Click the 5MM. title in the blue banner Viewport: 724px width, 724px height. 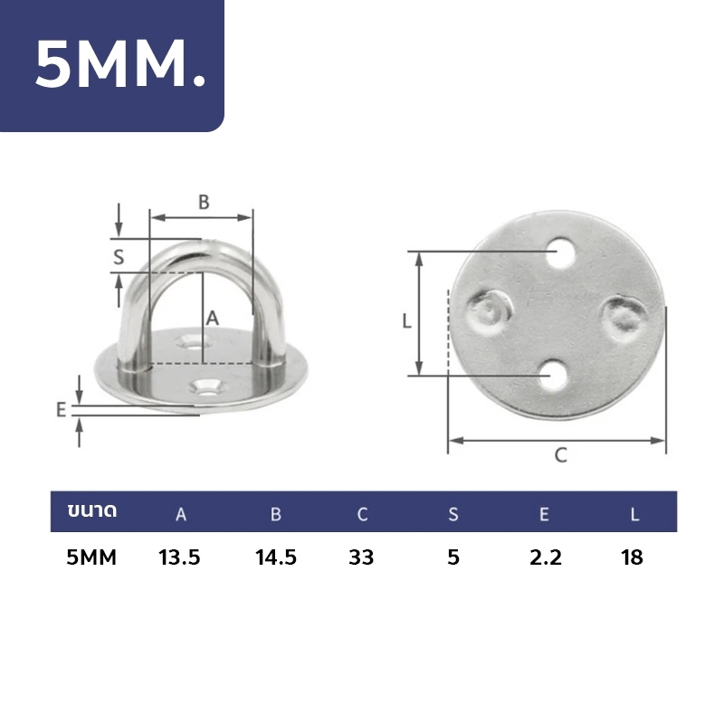coord(120,63)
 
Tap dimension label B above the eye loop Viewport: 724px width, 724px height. coord(204,202)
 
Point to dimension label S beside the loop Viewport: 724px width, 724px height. coord(119,257)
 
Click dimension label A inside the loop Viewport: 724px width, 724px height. coord(212,319)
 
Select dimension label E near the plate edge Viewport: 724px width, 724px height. coord(61,410)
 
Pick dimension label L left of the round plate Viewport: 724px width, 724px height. coord(406,321)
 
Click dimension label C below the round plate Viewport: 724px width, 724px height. coord(560,455)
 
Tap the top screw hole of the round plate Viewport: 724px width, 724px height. coord(563,252)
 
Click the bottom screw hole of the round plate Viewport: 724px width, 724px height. coord(554,375)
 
